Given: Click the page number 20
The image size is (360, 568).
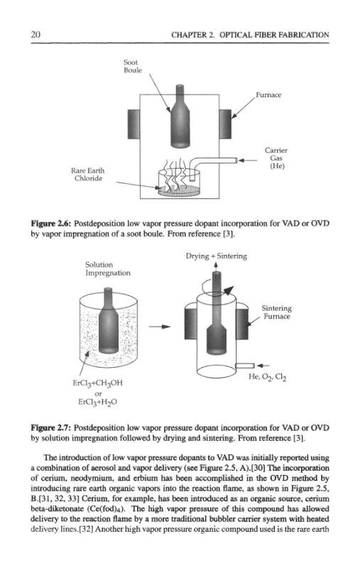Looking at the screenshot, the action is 36,35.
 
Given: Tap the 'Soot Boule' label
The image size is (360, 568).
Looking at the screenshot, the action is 133,66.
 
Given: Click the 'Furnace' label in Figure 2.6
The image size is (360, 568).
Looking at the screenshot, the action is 268,95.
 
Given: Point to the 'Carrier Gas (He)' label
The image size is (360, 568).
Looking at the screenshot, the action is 276,158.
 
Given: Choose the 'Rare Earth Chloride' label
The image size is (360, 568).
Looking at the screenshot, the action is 88,174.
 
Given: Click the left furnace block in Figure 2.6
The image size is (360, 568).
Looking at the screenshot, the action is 133,124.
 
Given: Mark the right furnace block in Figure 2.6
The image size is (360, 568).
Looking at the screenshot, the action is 225,124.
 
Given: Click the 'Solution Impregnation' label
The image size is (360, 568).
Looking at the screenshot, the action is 107,269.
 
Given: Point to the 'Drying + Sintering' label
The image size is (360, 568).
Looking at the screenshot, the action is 217,256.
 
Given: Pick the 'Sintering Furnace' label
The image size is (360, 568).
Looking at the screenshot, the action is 277,312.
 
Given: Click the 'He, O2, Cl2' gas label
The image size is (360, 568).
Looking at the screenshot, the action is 268,377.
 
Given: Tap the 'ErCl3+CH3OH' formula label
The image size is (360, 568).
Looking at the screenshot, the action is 98,383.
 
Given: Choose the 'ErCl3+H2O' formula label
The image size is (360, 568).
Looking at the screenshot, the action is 98,402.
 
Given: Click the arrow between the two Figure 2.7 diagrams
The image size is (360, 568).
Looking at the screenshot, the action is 160,327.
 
